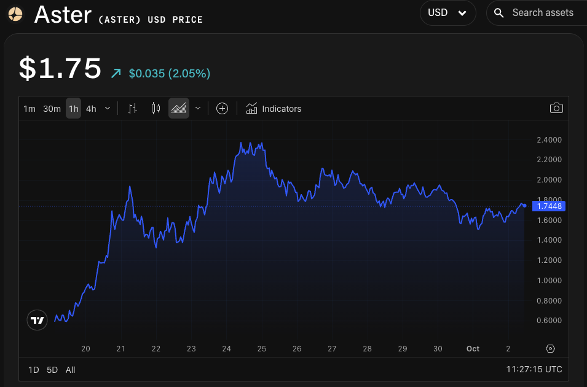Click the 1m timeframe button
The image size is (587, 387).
(30, 109)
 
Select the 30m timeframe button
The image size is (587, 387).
(52, 109)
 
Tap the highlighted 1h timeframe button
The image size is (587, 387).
(74, 109)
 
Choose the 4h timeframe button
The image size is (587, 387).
(91, 109)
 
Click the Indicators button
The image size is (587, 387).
(274, 109)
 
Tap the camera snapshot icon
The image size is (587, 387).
(556, 108)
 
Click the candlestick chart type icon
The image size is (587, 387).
(156, 109)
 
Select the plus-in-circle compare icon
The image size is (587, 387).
(223, 109)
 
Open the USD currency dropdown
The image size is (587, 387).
(447, 13)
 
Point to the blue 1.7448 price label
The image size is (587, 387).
(550, 206)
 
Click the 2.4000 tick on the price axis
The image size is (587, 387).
(549, 139)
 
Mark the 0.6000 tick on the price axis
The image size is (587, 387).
(549, 321)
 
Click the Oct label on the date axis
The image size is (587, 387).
(473, 348)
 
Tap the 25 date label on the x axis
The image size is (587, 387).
(262, 348)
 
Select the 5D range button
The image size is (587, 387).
(52, 370)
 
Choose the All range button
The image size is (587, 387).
(70, 370)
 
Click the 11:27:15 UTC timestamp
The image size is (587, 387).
(534, 370)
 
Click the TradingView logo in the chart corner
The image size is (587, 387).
(37, 320)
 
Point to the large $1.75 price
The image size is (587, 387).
(60, 68)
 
